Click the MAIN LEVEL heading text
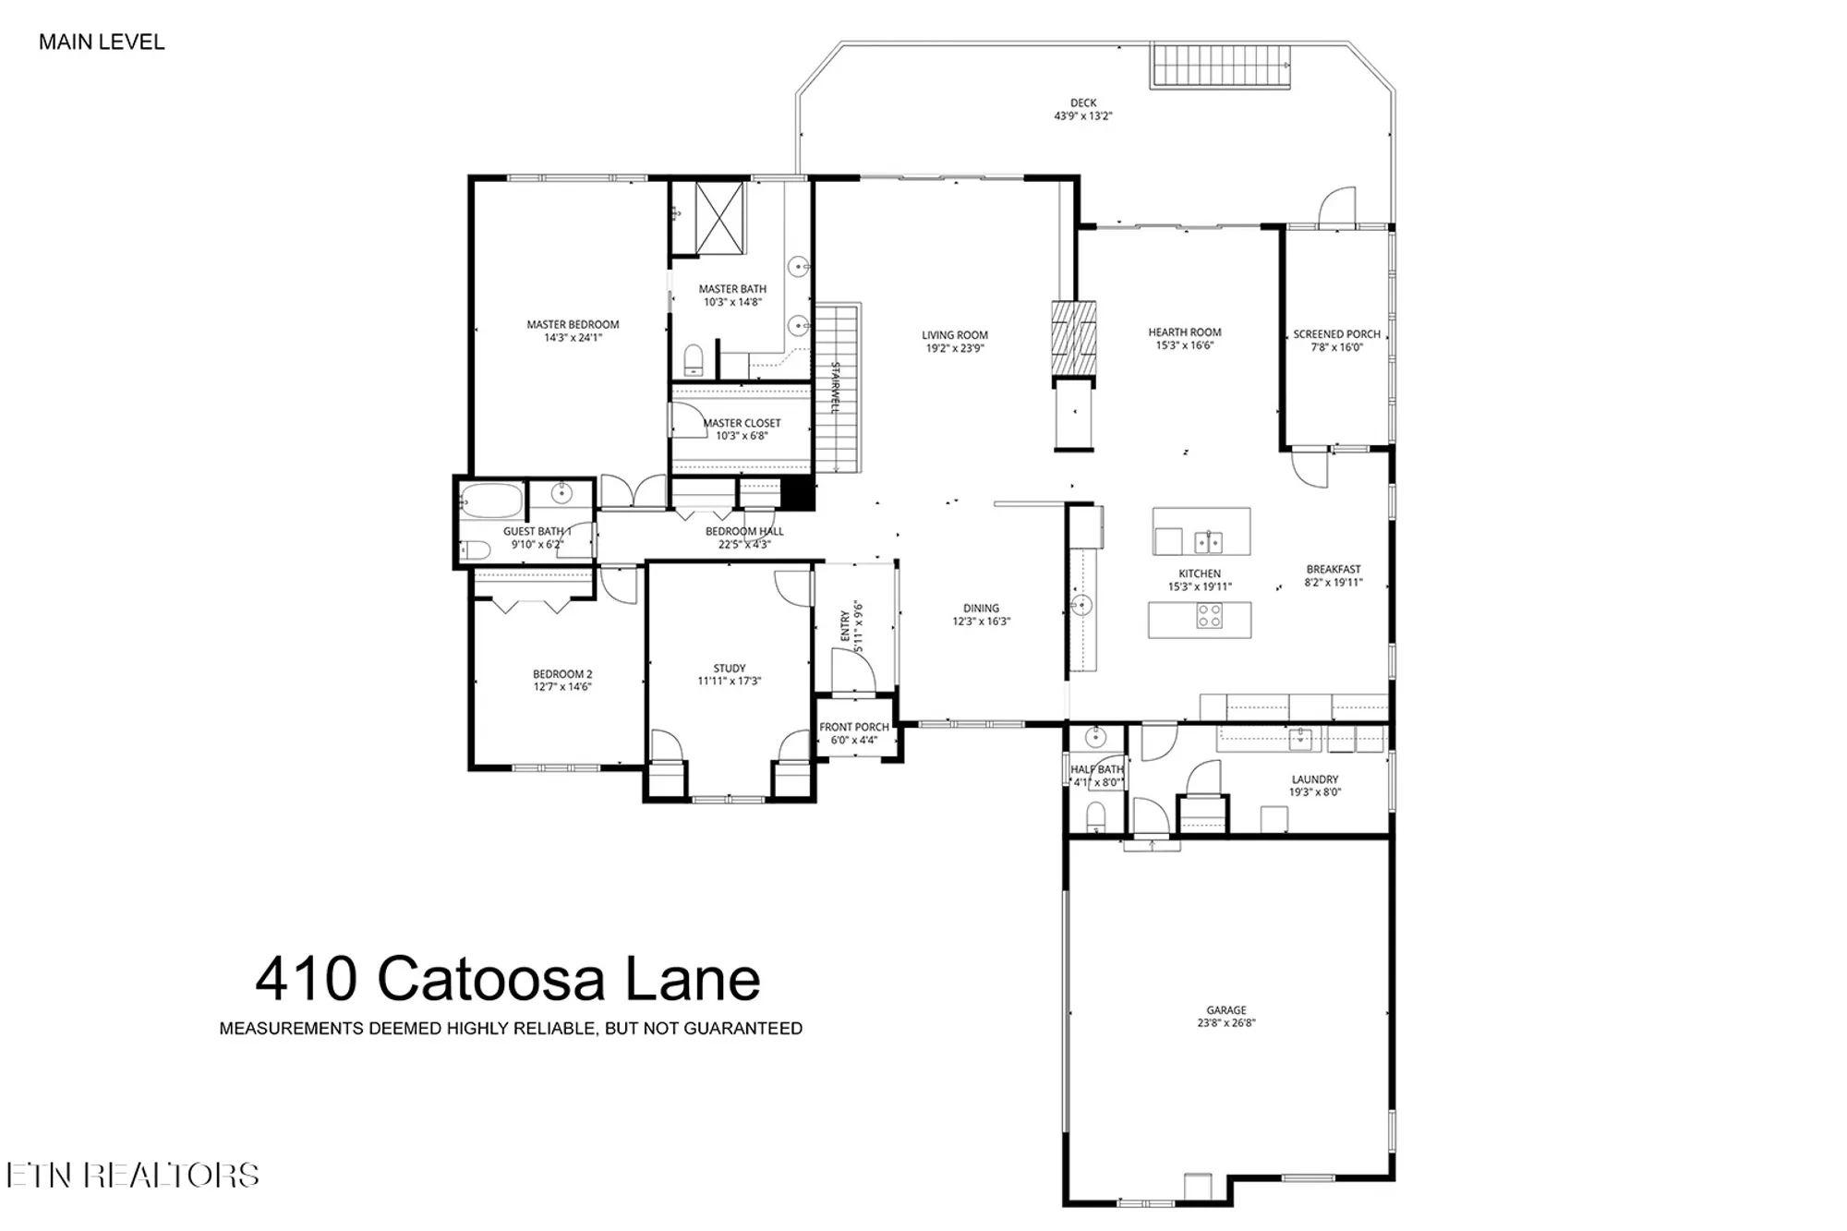pos(102,42)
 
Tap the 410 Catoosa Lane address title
pos(507,979)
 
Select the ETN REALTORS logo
pos(132,1175)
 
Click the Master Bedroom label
pos(573,324)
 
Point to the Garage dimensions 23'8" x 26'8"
pos(1225,1022)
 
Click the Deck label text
pos(1083,103)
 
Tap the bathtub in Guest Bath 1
pos(491,501)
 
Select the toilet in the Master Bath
pos(693,360)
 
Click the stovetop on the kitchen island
pos(1209,616)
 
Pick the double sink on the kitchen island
pos(1208,540)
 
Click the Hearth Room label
pos(1184,332)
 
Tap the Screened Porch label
pos(1336,334)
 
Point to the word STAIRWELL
pos(835,387)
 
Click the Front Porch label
pos(853,728)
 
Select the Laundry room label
pos(1314,779)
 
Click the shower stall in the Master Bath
pos(719,218)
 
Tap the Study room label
pos(729,669)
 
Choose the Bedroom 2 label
pos(562,674)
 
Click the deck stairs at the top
pos(1219,66)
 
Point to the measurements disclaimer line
pos(511,1029)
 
